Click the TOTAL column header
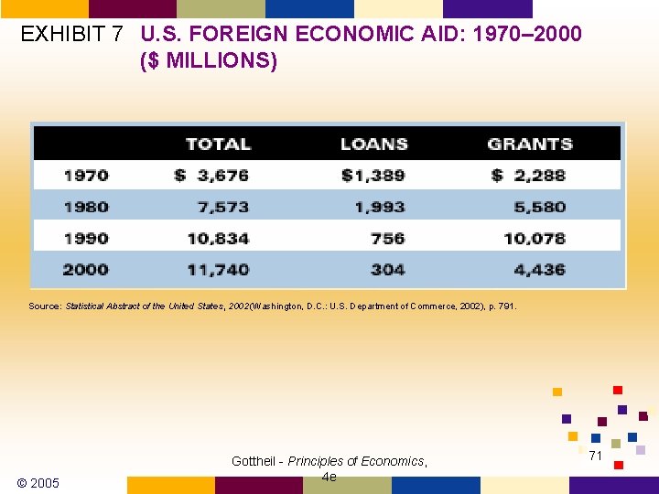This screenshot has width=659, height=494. (x=218, y=144)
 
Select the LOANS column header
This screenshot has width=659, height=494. (x=373, y=144)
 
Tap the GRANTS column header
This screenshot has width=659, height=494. (x=530, y=144)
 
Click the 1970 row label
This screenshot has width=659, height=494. (x=86, y=175)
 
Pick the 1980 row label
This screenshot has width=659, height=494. (x=86, y=207)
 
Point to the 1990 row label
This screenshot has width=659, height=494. (x=86, y=238)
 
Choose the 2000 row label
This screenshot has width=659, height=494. (x=86, y=269)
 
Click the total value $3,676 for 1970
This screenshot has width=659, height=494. (x=211, y=175)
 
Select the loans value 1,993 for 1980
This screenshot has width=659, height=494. (x=380, y=207)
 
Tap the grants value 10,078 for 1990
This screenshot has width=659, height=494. (x=535, y=238)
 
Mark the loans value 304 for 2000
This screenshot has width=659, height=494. (x=388, y=269)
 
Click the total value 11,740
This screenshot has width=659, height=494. (x=218, y=269)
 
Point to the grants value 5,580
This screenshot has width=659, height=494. (x=540, y=207)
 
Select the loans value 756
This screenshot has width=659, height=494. (x=388, y=238)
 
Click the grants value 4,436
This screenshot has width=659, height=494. (x=540, y=269)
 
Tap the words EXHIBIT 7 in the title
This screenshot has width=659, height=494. (x=71, y=35)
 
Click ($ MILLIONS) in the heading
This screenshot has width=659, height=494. (x=209, y=62)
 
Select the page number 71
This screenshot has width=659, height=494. (x=595, y=455)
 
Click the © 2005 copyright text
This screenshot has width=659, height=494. (x=38, y=482)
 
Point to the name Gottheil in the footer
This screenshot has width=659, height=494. (x=256, y=461)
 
